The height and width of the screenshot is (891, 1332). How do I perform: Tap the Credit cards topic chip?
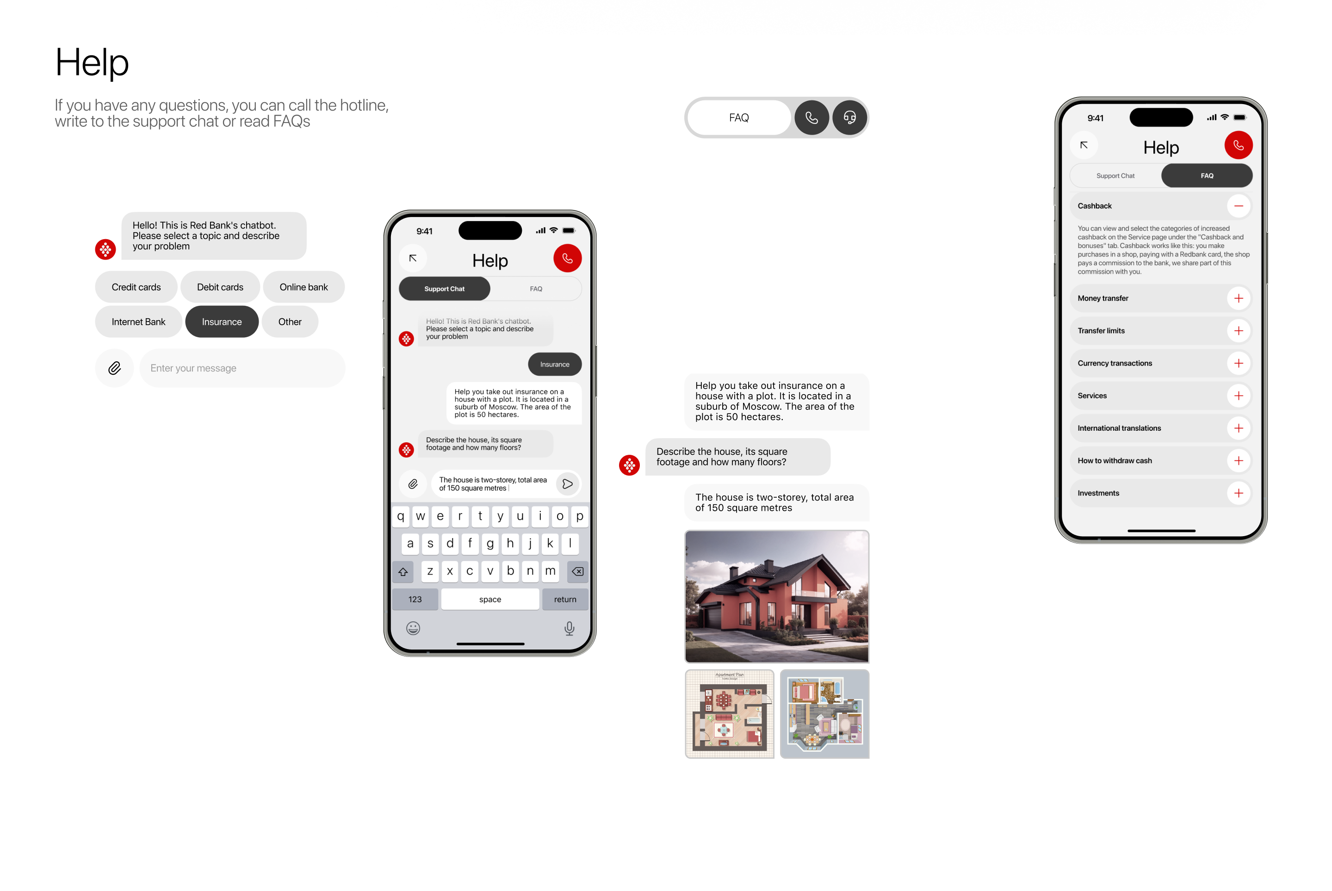coord(136,287)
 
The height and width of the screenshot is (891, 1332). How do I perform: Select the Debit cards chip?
coord(220,287)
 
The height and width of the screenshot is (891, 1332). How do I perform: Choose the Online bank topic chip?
coord(304,287)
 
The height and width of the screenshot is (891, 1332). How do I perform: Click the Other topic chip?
coord(290,322)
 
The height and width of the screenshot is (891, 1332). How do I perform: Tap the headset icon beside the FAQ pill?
coord(849,118)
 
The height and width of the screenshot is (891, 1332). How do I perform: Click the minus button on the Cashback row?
coord(1238,206)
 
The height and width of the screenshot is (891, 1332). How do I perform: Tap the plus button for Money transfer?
coord(1238,298)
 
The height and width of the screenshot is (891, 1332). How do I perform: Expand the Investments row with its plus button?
coord(1238,493)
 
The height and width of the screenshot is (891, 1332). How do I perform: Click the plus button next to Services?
coord(1238,396)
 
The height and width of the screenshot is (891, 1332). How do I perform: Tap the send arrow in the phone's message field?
coord(567,484)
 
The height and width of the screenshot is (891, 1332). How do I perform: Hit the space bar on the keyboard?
coord(490,600)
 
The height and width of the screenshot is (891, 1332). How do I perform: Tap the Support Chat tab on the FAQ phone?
coord(1115,176)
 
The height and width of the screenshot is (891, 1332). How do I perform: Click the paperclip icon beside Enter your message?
coord(114,368)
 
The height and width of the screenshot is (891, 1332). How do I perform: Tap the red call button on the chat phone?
coord(567,259)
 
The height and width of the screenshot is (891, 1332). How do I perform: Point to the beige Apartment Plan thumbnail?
coord(729,714)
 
